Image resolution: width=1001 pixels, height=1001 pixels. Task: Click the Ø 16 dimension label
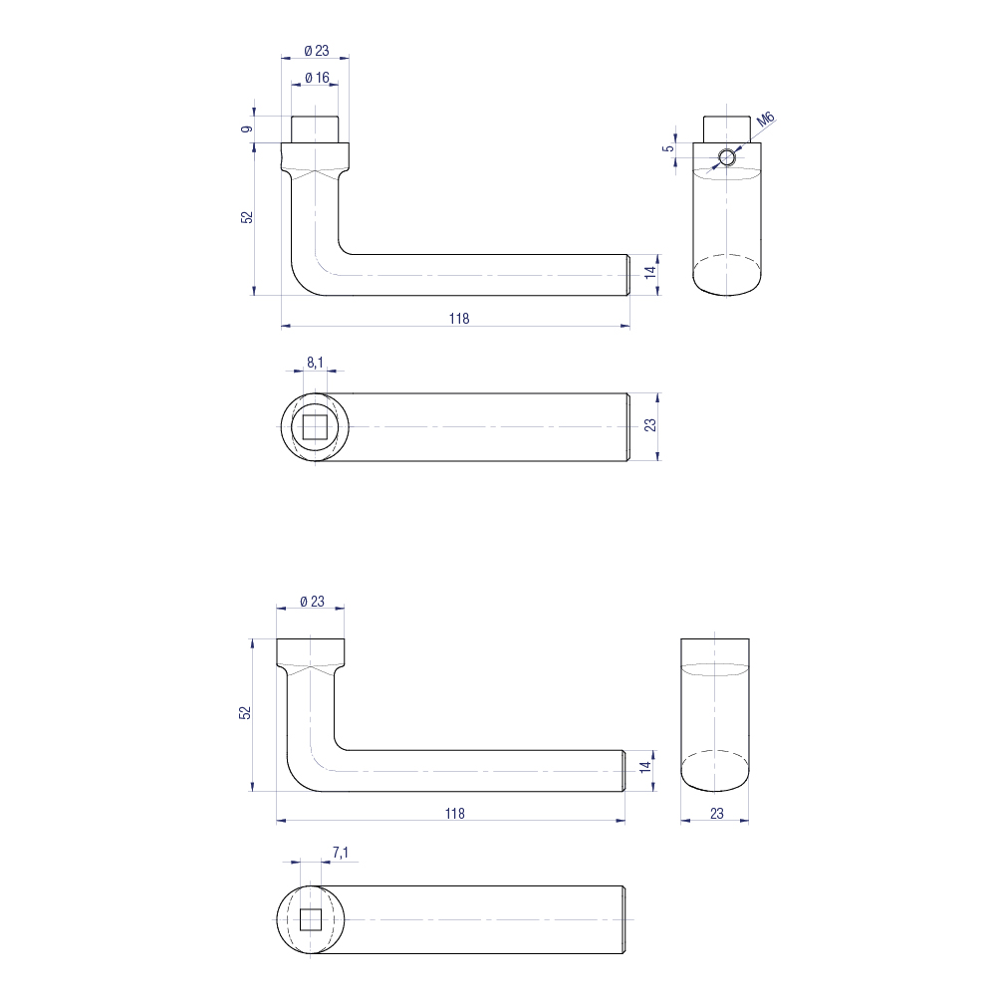point(316,77)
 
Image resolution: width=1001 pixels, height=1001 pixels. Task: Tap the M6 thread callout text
point(765,122)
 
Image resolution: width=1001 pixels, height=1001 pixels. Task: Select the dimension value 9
point(247,127)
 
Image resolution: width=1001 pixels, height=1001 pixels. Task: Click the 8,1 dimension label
point(314,364)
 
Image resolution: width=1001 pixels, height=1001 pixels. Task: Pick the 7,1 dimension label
point(340,852)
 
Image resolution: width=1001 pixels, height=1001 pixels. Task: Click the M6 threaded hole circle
point(728,158)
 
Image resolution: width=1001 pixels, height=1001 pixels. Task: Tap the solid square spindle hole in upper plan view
point(315,427)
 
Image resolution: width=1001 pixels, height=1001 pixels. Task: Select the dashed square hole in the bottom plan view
point(310,918)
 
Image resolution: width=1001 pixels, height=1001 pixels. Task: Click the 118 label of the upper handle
point(457,319)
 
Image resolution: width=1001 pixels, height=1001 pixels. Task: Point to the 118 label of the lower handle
point(454,813)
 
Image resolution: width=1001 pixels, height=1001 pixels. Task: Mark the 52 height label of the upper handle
point(247,217)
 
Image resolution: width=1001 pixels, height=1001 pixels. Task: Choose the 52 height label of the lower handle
point(245,712)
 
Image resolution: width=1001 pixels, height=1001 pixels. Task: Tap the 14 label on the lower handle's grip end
point(645,767)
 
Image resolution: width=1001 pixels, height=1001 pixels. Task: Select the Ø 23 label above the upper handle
point(316,51)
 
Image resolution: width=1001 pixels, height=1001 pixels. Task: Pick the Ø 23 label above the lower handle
point(312,602)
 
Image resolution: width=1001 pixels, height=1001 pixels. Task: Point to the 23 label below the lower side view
point(716,814)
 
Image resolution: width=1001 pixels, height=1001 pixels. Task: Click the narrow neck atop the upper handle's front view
point(316,129)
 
